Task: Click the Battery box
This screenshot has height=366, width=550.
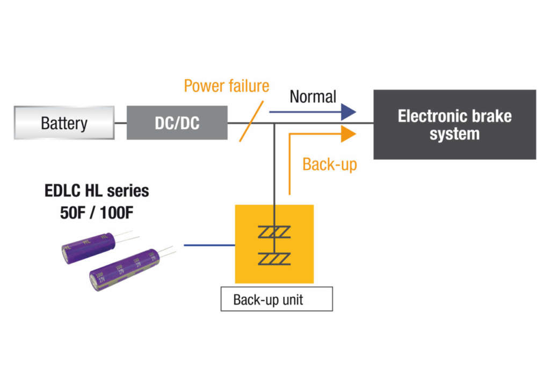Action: click(x=64, y=123)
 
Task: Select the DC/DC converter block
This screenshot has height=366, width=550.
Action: click(x=177, y=123)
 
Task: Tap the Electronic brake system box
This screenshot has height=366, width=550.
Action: click(x=454, y=125)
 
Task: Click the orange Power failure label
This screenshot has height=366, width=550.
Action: click(x=226, y=86)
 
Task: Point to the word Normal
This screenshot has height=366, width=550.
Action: click(x=313, y=97)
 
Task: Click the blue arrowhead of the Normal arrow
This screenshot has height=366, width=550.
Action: click(x=349, y=112)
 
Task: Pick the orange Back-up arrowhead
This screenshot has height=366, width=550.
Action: click(x=349, y=134)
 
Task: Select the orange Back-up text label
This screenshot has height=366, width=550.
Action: click(x=329, y=164)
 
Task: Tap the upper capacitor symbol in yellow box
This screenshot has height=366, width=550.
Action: click(x=274, y=232)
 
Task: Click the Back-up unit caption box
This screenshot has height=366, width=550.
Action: click(x=276, y=299)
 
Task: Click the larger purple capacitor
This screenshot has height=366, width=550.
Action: click(x=124, y=270)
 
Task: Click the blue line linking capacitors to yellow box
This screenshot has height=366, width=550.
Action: click(x=209, y=245)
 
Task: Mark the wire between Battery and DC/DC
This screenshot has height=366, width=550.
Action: click(x=120, y=123)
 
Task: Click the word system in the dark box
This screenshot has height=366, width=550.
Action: click(x=454, y=134)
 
